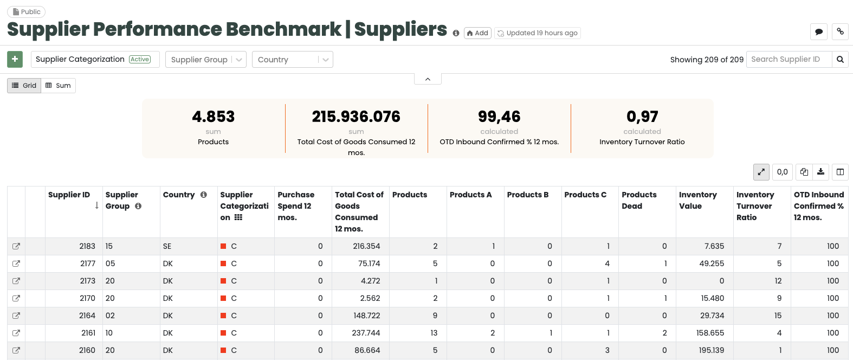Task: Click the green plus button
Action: click(15, 59)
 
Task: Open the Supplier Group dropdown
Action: click(205, 60)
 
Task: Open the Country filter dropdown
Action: click(292, 60)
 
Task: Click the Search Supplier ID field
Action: click(789, 59)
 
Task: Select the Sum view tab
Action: click(58, 86)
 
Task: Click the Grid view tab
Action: click(24, 86)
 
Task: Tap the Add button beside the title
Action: click(477, 33)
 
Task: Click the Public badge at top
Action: click(26, 12)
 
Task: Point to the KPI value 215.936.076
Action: click(356, 117)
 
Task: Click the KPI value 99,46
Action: click(499, 117)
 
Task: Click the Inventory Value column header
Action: click(697, 200)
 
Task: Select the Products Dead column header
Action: click(639, 200)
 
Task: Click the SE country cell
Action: click(167, 246)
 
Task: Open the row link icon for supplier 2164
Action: click(16, 316)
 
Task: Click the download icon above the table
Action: click(821, 172)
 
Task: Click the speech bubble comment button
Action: click(819, 32)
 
